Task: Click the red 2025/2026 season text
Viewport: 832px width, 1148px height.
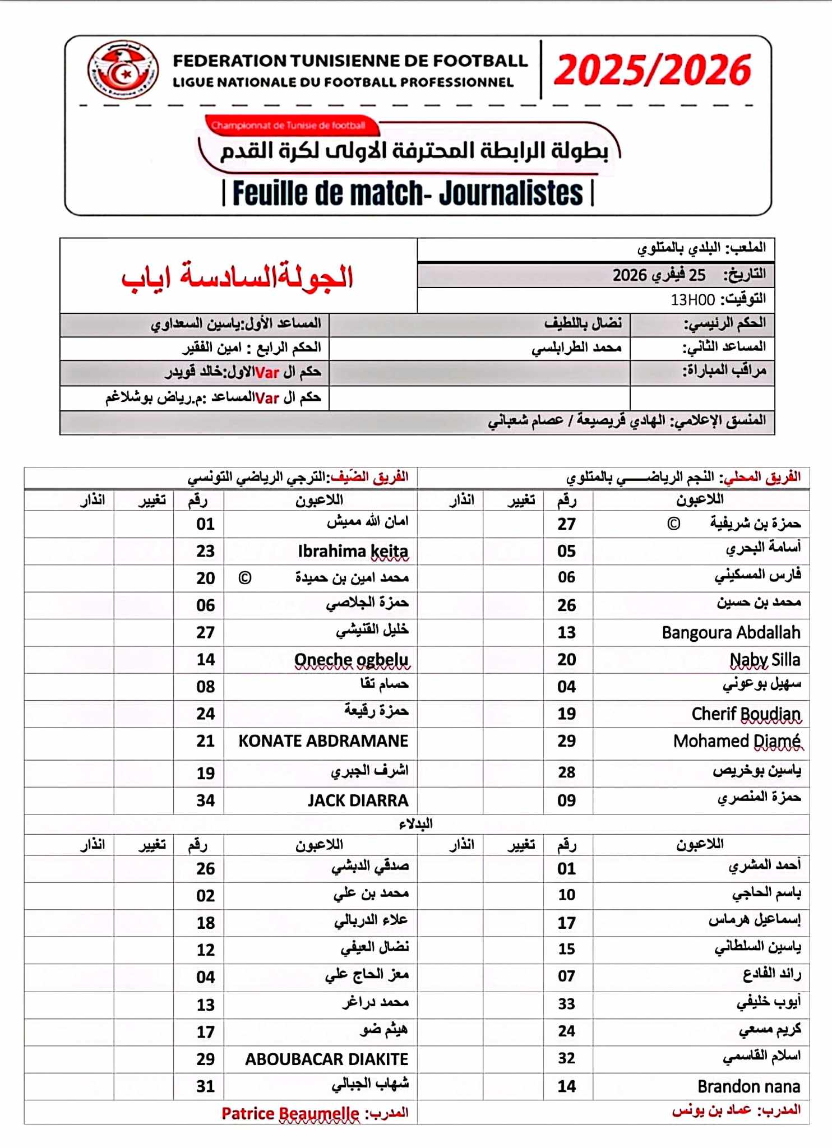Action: [x=652, y=70]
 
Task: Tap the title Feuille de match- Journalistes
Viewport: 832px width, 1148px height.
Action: [x=408, y=193]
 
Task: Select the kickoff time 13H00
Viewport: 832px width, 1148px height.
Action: [x=692, y=300]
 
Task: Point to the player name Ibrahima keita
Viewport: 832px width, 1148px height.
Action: [x=353, y=551]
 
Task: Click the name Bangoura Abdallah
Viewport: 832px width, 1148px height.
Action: [x=731, y=632]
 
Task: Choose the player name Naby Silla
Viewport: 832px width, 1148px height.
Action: [x=765, y=659]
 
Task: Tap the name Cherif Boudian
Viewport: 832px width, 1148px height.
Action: [x=746, y=714]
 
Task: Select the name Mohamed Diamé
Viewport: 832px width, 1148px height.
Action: [x=737, y=741]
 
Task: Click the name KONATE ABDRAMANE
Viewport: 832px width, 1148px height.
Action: [x=323, y=741]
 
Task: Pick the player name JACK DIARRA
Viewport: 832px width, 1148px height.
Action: [x=358, y=800]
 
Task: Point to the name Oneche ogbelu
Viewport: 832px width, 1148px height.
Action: [x=352, y=659]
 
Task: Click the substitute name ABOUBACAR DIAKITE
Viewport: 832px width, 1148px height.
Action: [x=326, y=1059]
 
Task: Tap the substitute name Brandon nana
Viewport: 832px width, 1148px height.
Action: [x=748, y=1086]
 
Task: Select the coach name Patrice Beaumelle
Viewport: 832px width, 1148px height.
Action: [x=290, y=1113]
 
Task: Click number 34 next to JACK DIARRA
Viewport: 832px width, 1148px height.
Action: [x=205, y=800]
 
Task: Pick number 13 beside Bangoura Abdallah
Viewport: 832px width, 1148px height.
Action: [x=566, y=632]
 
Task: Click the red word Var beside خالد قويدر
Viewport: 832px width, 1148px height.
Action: [x=267, y=372]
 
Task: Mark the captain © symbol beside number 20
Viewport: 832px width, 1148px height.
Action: [x=244, y=578]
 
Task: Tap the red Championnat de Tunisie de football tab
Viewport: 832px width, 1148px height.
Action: [x=288, y=126]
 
